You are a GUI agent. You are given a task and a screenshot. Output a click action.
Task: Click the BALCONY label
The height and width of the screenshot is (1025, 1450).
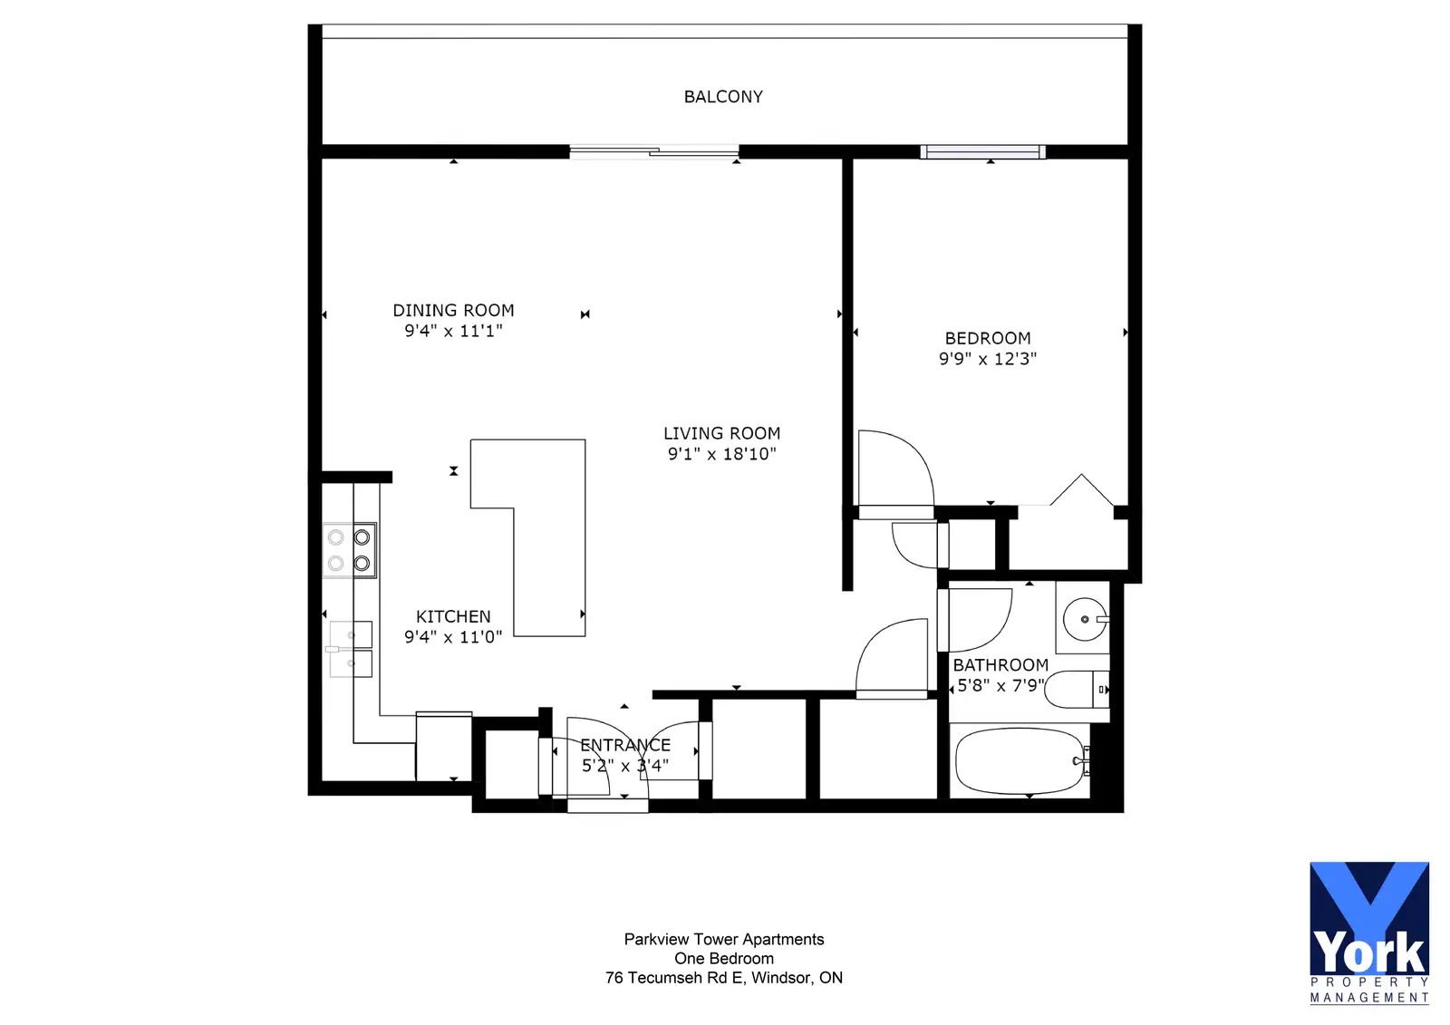[x=723, y=96]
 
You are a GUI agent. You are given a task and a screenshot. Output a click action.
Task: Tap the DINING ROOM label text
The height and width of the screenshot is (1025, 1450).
[x=453, y=310]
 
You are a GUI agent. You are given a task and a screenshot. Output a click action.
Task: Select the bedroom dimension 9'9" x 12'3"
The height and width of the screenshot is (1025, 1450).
[x=988, y=359]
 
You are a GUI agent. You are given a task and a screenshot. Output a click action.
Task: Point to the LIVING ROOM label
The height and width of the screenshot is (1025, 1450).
[x=721, y=433]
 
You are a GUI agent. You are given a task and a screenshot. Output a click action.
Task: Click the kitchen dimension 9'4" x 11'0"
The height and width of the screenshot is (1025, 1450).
[x=453, y=637]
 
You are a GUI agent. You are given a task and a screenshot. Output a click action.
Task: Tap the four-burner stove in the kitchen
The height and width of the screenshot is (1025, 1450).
[x=350, y=550]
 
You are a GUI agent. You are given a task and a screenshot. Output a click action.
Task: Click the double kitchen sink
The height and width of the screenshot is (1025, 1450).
[x=350, y=649]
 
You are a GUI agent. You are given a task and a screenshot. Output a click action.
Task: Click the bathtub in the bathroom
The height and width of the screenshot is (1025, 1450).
[x=1020, y=760]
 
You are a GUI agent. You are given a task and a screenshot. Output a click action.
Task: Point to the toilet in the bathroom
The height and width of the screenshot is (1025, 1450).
[x=1076, y=690]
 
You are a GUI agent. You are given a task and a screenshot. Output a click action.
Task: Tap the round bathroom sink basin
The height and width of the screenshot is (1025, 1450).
[x=1086, y=620]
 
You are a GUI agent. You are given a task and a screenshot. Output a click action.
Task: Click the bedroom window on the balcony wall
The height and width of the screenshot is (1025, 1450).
[x=982, y=152]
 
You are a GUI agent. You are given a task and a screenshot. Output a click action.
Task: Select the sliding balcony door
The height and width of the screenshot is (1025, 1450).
[x=653, y=152]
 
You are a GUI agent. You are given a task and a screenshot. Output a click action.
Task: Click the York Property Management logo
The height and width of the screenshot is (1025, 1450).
[x=1369, y=933]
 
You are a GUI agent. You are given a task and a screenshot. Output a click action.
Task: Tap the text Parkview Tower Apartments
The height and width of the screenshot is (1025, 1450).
[x=724, y=940]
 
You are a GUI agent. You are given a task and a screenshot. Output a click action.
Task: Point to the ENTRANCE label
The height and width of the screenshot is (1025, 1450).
[x=625, y=745]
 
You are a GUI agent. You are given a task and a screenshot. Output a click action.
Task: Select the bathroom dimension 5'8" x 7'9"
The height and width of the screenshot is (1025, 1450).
[x=1000, y=685]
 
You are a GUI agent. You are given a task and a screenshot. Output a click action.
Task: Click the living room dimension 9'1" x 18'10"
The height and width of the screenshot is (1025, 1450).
[x=721, y=454]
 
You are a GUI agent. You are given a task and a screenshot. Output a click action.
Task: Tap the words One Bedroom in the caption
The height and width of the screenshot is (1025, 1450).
[x=724, y=958]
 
